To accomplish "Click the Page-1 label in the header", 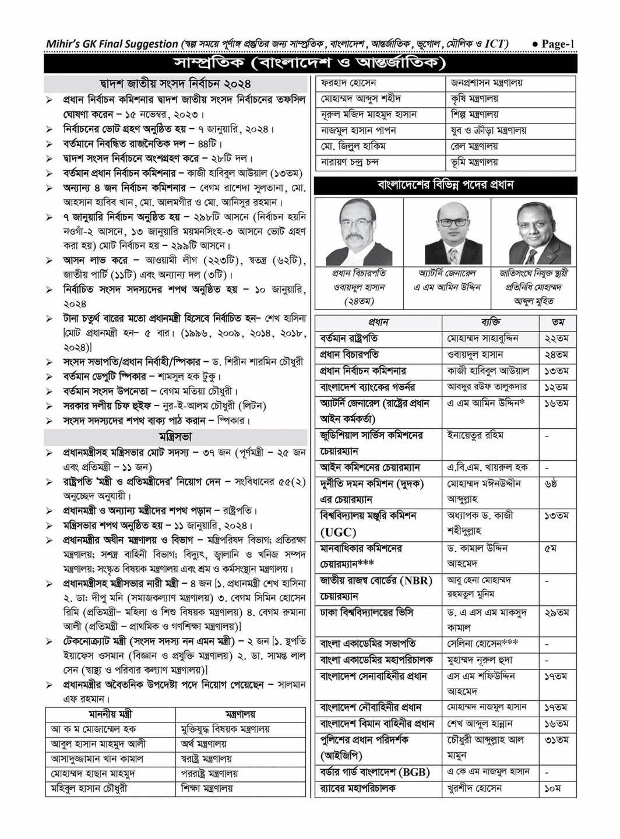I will click(557, 44).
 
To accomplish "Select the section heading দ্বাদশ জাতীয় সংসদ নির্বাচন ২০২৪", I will click(175, 84).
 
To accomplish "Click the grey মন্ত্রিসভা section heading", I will click(175, 436).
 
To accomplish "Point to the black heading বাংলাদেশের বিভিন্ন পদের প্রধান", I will click(445, 185).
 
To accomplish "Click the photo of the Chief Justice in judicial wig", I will click(359, 232).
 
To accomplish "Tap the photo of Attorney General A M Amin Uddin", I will click(446, 232).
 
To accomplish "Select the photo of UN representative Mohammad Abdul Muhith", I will click(534, 232).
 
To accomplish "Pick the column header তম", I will click(557, 322).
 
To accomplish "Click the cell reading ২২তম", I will click(556, 338).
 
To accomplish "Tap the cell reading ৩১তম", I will click(556, 739).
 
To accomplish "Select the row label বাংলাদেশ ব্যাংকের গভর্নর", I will click(368, 387).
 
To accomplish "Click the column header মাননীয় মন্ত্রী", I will click(110, 714).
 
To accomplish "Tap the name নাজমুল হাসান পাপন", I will click(358, 131).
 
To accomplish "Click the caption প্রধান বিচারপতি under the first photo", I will click(359, 273).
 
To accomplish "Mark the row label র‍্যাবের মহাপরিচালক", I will click(358, 788).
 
